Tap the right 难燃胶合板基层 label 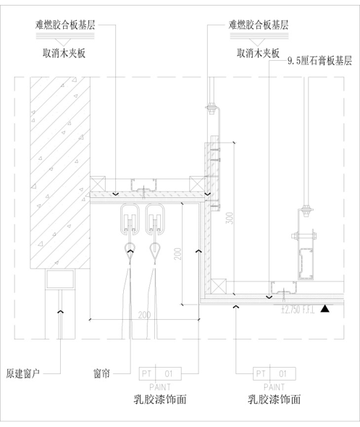coord(258,24)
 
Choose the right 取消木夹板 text coord(258,53)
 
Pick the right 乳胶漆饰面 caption coord(274,399)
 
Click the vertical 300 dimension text coord(227,218)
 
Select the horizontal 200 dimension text coord(144,315)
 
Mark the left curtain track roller coord(131,219)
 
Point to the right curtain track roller coord(156,219)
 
